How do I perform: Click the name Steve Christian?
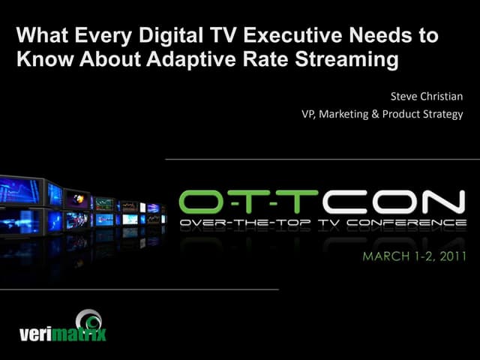(x=427, y=97)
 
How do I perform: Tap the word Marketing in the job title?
(x=358, y=115)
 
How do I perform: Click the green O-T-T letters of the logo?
(x=247, y=201)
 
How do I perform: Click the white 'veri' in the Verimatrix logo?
(x=36, y=332)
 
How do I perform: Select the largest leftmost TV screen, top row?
(x=22, y=192)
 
